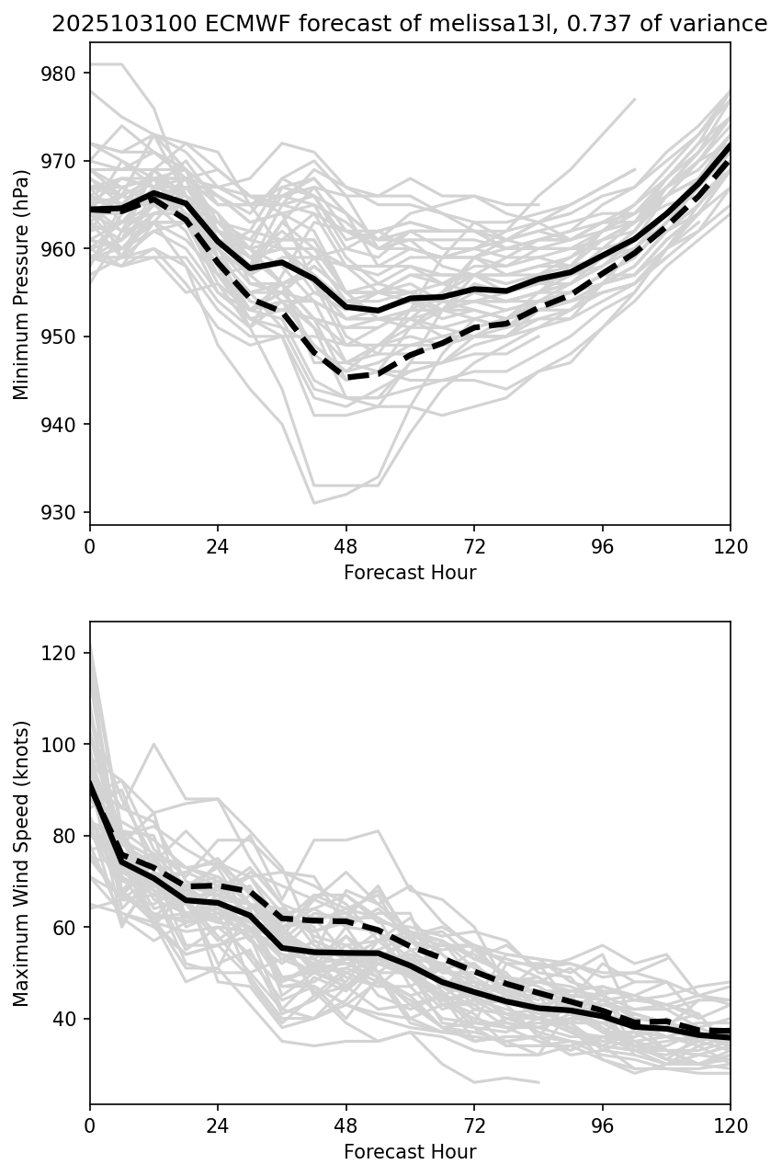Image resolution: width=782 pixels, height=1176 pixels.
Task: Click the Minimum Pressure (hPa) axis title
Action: [x=21, y=284]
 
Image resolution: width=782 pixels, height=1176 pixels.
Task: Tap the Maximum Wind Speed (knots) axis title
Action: [x=21, y=863]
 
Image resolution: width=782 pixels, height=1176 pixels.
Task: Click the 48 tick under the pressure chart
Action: [x=346, y=545]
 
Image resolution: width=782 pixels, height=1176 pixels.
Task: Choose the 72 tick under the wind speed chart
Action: [x=474, y=1125]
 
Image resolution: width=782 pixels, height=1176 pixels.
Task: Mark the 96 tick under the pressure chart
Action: [x=603, y=545]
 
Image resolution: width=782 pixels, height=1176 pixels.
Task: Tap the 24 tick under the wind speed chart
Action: [x=218, y=1125]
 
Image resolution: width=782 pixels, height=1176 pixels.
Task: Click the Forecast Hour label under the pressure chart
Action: [x=410, y=573]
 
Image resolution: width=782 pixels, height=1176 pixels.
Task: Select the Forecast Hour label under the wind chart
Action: [x=410, y=1152]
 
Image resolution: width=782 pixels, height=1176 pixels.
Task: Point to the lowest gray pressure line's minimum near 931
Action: [x=314, y=503]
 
